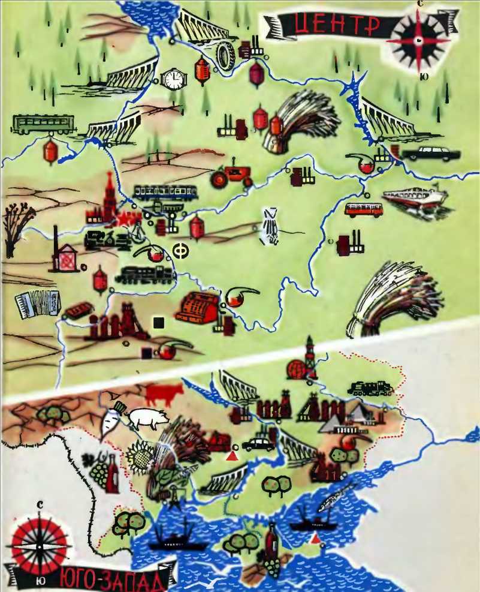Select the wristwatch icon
pos(174,79)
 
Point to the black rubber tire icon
pos(225,55)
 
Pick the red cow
pos(162,394)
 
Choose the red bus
pos(364,209)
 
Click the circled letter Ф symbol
pos(179,251)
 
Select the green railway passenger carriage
pos(43,123)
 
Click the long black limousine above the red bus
pos(428,153)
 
